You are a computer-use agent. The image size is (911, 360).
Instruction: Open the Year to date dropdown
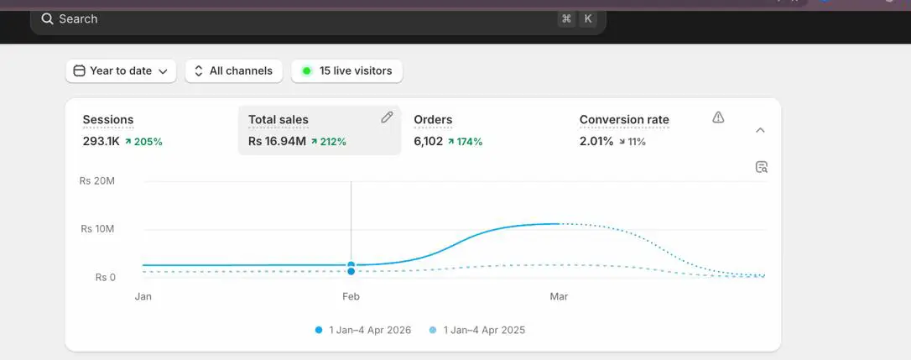[121, 71]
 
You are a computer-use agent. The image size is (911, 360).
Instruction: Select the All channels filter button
[233, 71]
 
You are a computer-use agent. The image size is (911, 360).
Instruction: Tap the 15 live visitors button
[346, 71]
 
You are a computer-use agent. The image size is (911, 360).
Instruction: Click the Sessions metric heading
[108, 120]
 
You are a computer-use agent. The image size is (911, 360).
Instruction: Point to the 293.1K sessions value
[102, 141]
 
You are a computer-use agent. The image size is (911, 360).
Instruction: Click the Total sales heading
[279, 120]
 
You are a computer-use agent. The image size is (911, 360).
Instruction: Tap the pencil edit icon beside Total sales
[387, 117]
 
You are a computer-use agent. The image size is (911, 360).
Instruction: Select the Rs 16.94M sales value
[277, 141]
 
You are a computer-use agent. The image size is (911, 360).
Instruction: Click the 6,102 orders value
[428, 141]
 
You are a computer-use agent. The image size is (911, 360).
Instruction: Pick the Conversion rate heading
[624, 120]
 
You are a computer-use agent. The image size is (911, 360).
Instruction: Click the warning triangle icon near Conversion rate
[718, 117]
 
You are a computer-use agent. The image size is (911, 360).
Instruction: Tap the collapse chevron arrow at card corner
[760, 130]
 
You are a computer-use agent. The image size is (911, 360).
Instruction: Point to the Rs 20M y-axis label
[97, 181]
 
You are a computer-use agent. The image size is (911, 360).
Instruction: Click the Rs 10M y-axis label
[97, 229]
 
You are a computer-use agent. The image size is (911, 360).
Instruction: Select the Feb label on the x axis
[351, 296]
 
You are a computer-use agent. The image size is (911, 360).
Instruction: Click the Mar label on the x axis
[559, 296]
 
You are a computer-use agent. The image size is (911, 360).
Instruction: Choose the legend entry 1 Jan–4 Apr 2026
[363, 331]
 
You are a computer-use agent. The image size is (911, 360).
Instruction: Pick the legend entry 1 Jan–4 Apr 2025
[477, 331]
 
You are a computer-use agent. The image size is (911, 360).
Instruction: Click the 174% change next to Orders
[465, 141]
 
